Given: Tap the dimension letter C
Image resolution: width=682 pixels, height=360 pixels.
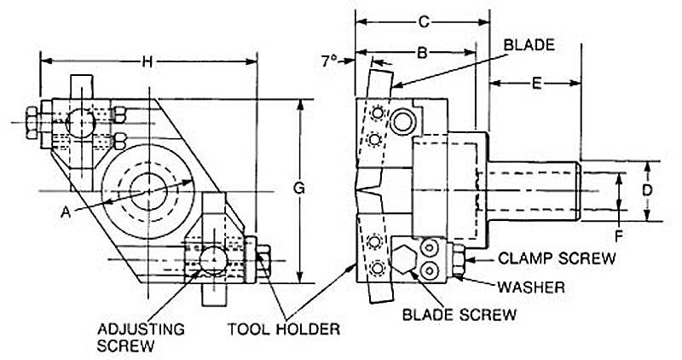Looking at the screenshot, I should click(x=424, y=20).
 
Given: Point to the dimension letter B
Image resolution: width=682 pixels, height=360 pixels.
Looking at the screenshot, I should click(x=421, y=54).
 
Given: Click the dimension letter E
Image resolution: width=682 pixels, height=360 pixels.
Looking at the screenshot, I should click(x=537, y=83).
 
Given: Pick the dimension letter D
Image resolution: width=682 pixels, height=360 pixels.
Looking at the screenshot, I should click(x=649, y=189).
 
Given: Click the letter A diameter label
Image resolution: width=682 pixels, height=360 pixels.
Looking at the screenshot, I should click(x=66, y=212).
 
